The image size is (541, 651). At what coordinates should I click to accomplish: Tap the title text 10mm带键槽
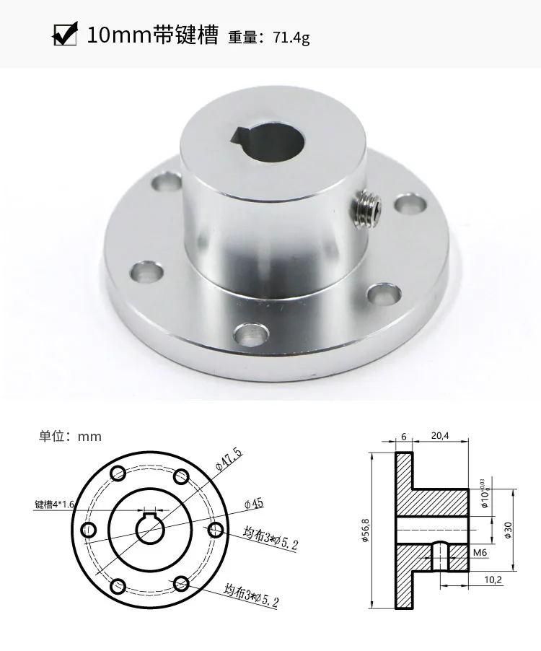point(152,35)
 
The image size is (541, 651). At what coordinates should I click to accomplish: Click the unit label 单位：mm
point(70,436)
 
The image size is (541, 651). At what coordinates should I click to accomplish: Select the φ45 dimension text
point(256,502)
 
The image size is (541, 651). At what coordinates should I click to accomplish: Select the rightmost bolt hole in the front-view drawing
point(215,530)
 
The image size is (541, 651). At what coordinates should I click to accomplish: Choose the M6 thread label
point(480,553)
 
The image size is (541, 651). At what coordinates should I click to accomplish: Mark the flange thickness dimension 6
point(403,436)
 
